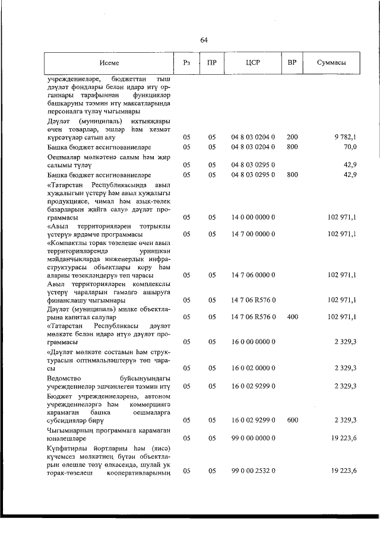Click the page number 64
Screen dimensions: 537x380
coord(204,40)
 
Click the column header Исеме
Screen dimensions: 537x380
coord(109,63)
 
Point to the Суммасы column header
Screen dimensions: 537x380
coord(331,63)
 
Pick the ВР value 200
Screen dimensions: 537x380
coord(292,137)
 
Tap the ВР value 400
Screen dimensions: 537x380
coord(292,317)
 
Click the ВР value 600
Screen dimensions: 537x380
coord(292,420)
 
